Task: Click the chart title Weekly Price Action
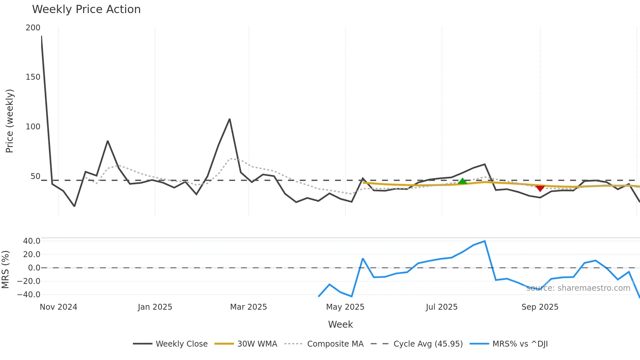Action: pos(86,9)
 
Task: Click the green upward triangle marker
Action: pos(462,181)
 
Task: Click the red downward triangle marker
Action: pos(540,188)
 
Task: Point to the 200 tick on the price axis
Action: pos(33,28)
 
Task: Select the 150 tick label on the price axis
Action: pos(33,77)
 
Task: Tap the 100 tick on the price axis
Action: pos(33,127)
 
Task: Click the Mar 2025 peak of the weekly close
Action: pos(230,119)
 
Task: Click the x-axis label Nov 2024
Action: pos(58,307)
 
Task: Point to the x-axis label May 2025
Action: pos(345,307)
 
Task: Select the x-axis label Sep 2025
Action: pos(540,307)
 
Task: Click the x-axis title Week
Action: pos(340,324)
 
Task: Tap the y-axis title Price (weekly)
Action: pos(9,121)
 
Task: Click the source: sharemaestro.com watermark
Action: pos(578,288)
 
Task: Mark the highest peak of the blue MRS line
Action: pos(485,241)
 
